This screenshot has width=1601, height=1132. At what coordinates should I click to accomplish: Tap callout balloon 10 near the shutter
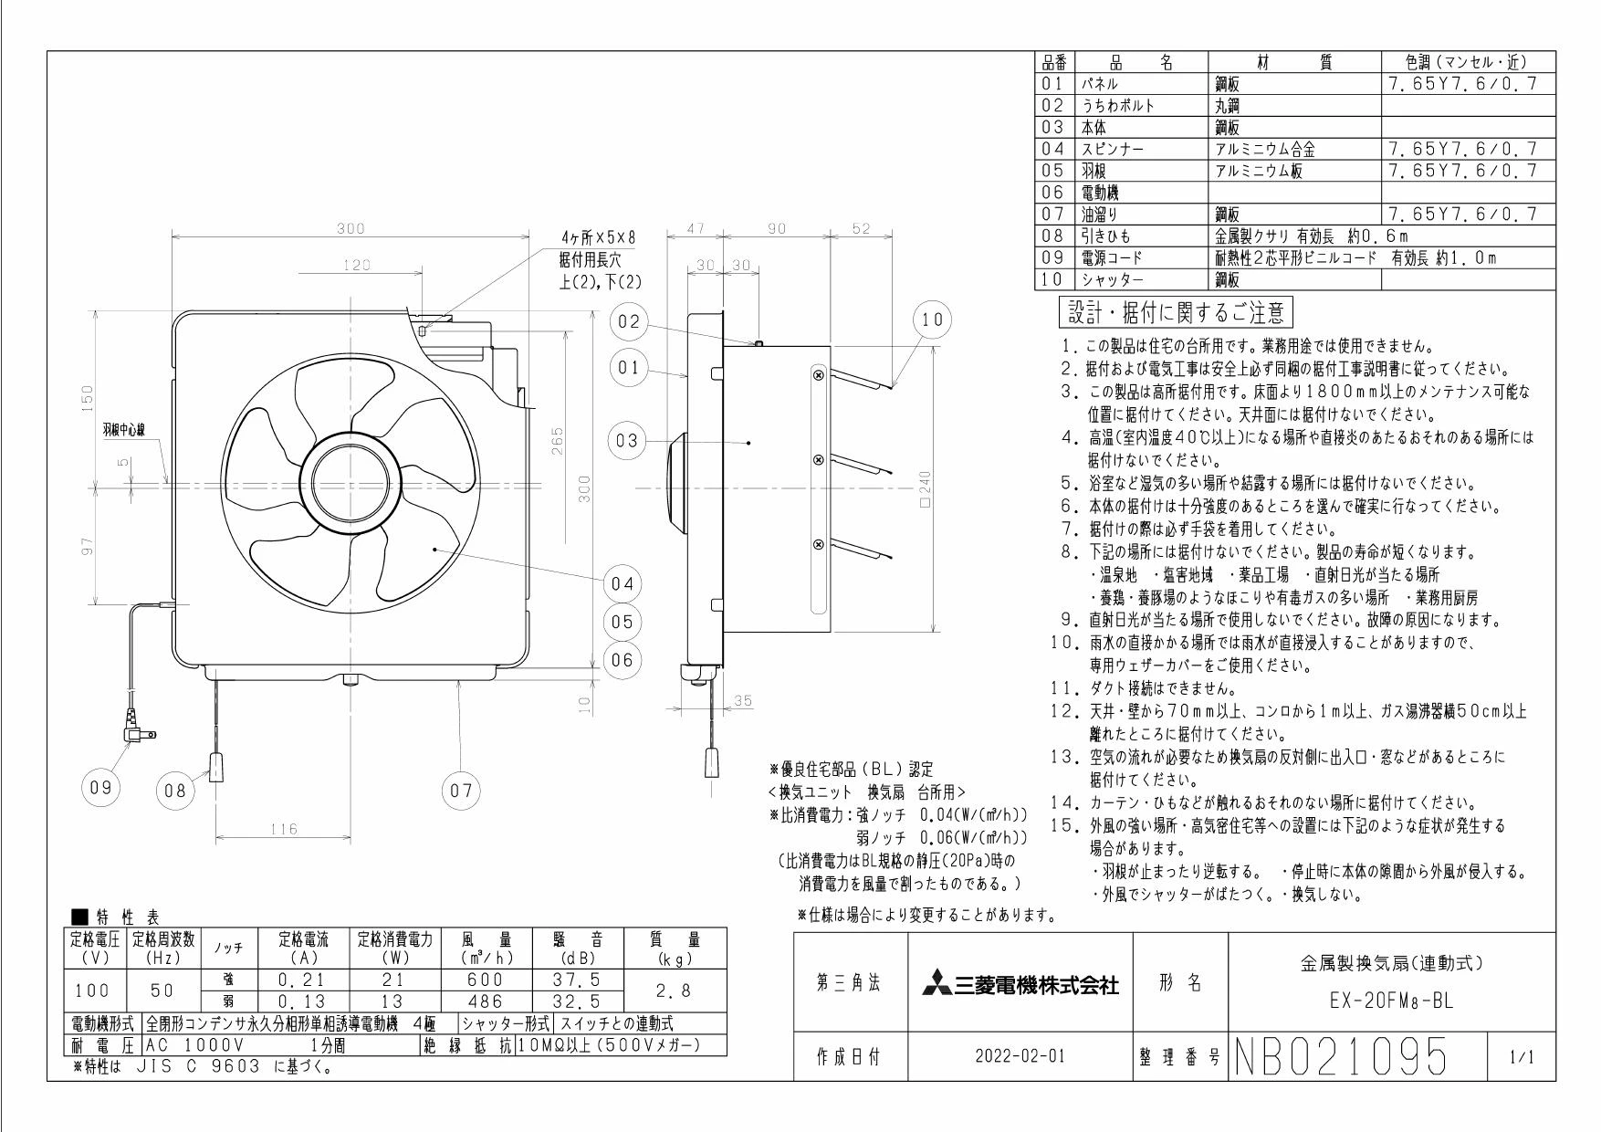pyautogui.click(x=932, y=320)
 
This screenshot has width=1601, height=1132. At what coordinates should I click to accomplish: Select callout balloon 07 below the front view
pyautogui.click(x=460, y=791)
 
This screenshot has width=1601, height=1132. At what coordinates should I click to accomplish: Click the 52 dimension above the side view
pyautogui.click(x=860, y=228)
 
